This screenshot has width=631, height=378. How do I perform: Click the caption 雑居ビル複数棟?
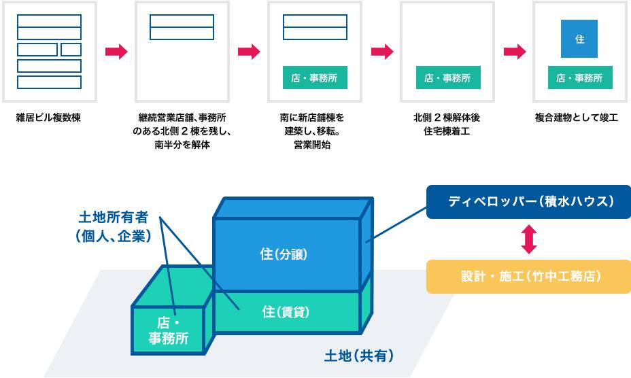point(48,118)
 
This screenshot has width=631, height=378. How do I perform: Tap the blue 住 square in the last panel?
point(579,39)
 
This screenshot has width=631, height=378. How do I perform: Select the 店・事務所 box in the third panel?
point(314,78)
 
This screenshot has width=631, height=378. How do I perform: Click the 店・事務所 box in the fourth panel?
point(447,78)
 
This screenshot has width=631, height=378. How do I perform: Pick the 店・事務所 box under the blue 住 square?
point(579,78)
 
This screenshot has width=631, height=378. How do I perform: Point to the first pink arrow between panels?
point(116,52)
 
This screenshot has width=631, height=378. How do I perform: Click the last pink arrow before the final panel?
point(515,52)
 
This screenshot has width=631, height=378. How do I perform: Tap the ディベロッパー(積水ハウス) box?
point(530,202)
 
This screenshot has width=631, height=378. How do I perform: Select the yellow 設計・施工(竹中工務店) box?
point(530,277)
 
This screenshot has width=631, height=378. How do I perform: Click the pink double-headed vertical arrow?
point(529,239)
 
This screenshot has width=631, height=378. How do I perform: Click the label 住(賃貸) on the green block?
point(286,311)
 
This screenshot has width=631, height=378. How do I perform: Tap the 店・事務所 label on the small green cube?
point(169,330)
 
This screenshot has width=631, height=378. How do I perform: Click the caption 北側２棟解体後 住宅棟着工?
point(447,124)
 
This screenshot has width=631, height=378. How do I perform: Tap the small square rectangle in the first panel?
point(71,50)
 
